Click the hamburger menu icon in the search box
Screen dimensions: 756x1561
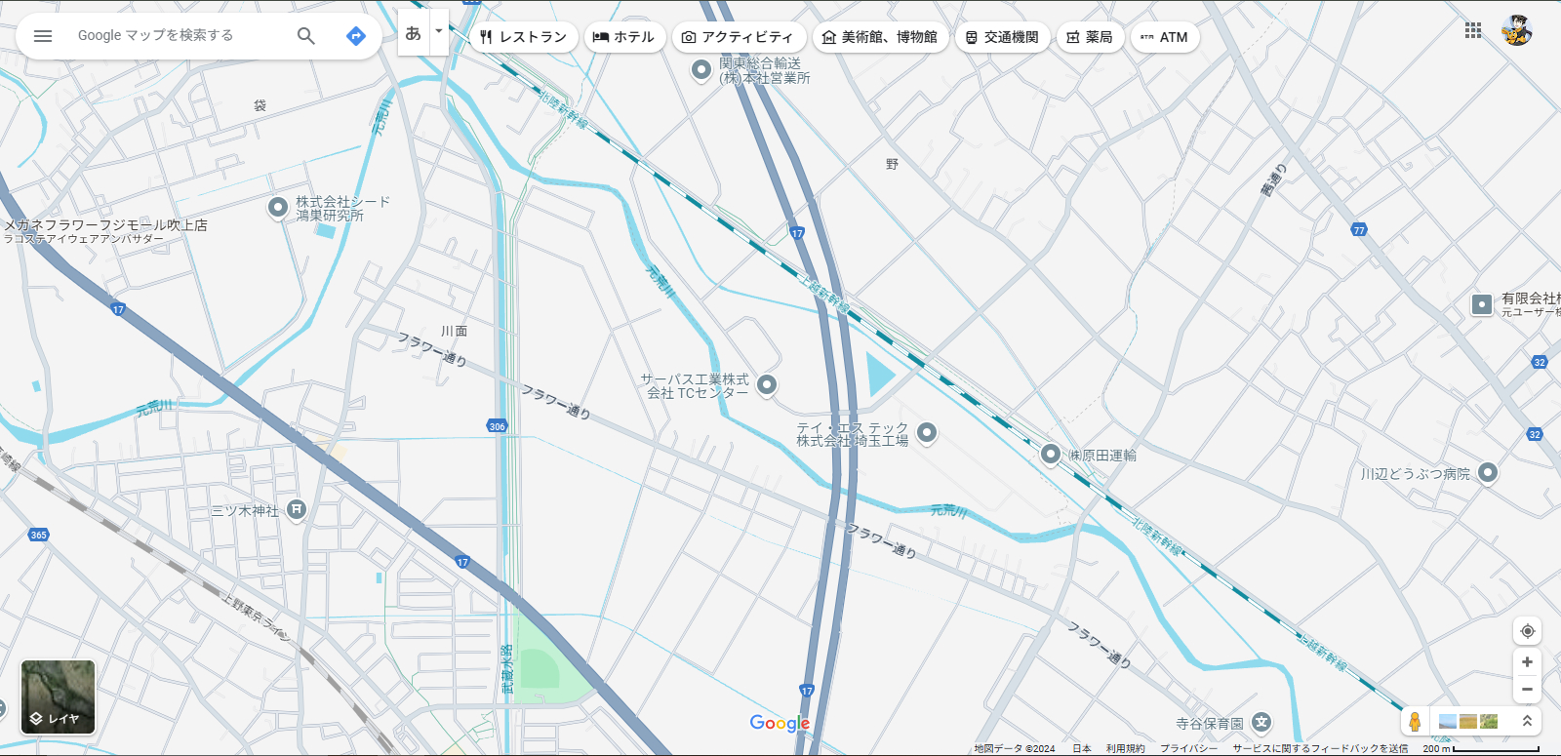pyautogui.click(x=43, y=36)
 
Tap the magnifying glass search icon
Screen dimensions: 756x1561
pyautogui.click(x=306, y=36)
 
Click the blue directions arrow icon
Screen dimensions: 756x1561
pyautogui.click(x=356, y=36)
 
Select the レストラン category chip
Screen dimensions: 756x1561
pyautogui.click(x=523, y=37)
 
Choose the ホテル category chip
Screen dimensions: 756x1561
pyautogui.click(x=624, y=37)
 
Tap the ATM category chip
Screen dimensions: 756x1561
pyautogui.click(x=1164, y=37)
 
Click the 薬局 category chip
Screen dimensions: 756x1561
pyautogui.click(x=1090, y=37)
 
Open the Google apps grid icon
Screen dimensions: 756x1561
pyautogui.click(x=1473, y=30)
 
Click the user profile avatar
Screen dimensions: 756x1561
pyautogui.click(x=1516, y=30)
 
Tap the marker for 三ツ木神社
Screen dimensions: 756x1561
pyautogui.click(x=297, y=509)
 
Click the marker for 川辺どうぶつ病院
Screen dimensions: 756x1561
pyautogui.click(x=1487, y=473)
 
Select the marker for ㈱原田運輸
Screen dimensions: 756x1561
pyautogui.click(x=1051, y=454)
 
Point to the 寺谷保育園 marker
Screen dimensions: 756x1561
pyautogui.click(x=1261, y=723)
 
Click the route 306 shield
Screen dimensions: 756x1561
pyautogui.click(x=497, y=426)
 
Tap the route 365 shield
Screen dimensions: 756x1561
pyautogui.click(x=38, y=535)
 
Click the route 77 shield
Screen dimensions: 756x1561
pyautogui.click(x=1359, y=230)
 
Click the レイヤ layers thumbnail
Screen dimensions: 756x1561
pyautogui.click(x=59, y=696)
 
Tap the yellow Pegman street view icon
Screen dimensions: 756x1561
pyautogui.click(x=1415, y=722)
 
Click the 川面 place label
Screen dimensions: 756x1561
pyautogui.click(x=454, y=332)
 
